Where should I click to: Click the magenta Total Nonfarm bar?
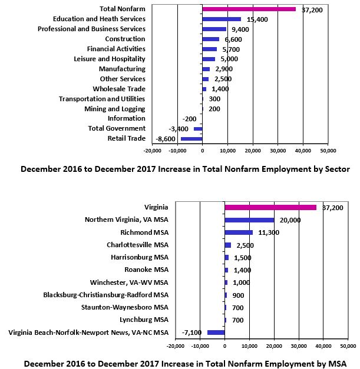(249, 9)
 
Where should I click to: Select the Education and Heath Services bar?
(222, 19)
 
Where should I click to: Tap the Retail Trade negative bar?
(191, 139)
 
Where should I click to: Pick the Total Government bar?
(198, 129)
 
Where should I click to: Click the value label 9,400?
(240, 29)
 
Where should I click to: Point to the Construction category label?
(125, 39)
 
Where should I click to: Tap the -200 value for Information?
(189, 119)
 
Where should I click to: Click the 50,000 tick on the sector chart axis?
(328, 151)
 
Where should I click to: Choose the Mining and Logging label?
(115, 109)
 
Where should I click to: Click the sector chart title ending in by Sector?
(185, 169)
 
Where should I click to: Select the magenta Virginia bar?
(270, 207)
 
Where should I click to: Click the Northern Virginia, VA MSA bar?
(249, 220)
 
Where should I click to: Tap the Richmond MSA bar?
(239, 232)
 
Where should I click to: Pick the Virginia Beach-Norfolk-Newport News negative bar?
(216, 333)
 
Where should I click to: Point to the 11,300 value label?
(269, 232)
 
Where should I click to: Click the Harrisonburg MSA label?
(140, 257)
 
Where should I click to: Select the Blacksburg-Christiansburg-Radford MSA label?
(106, 295)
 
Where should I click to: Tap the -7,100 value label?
(191, 333)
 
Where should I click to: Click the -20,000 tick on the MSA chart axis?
(176, 346)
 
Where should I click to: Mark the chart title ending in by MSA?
(185, 364)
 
